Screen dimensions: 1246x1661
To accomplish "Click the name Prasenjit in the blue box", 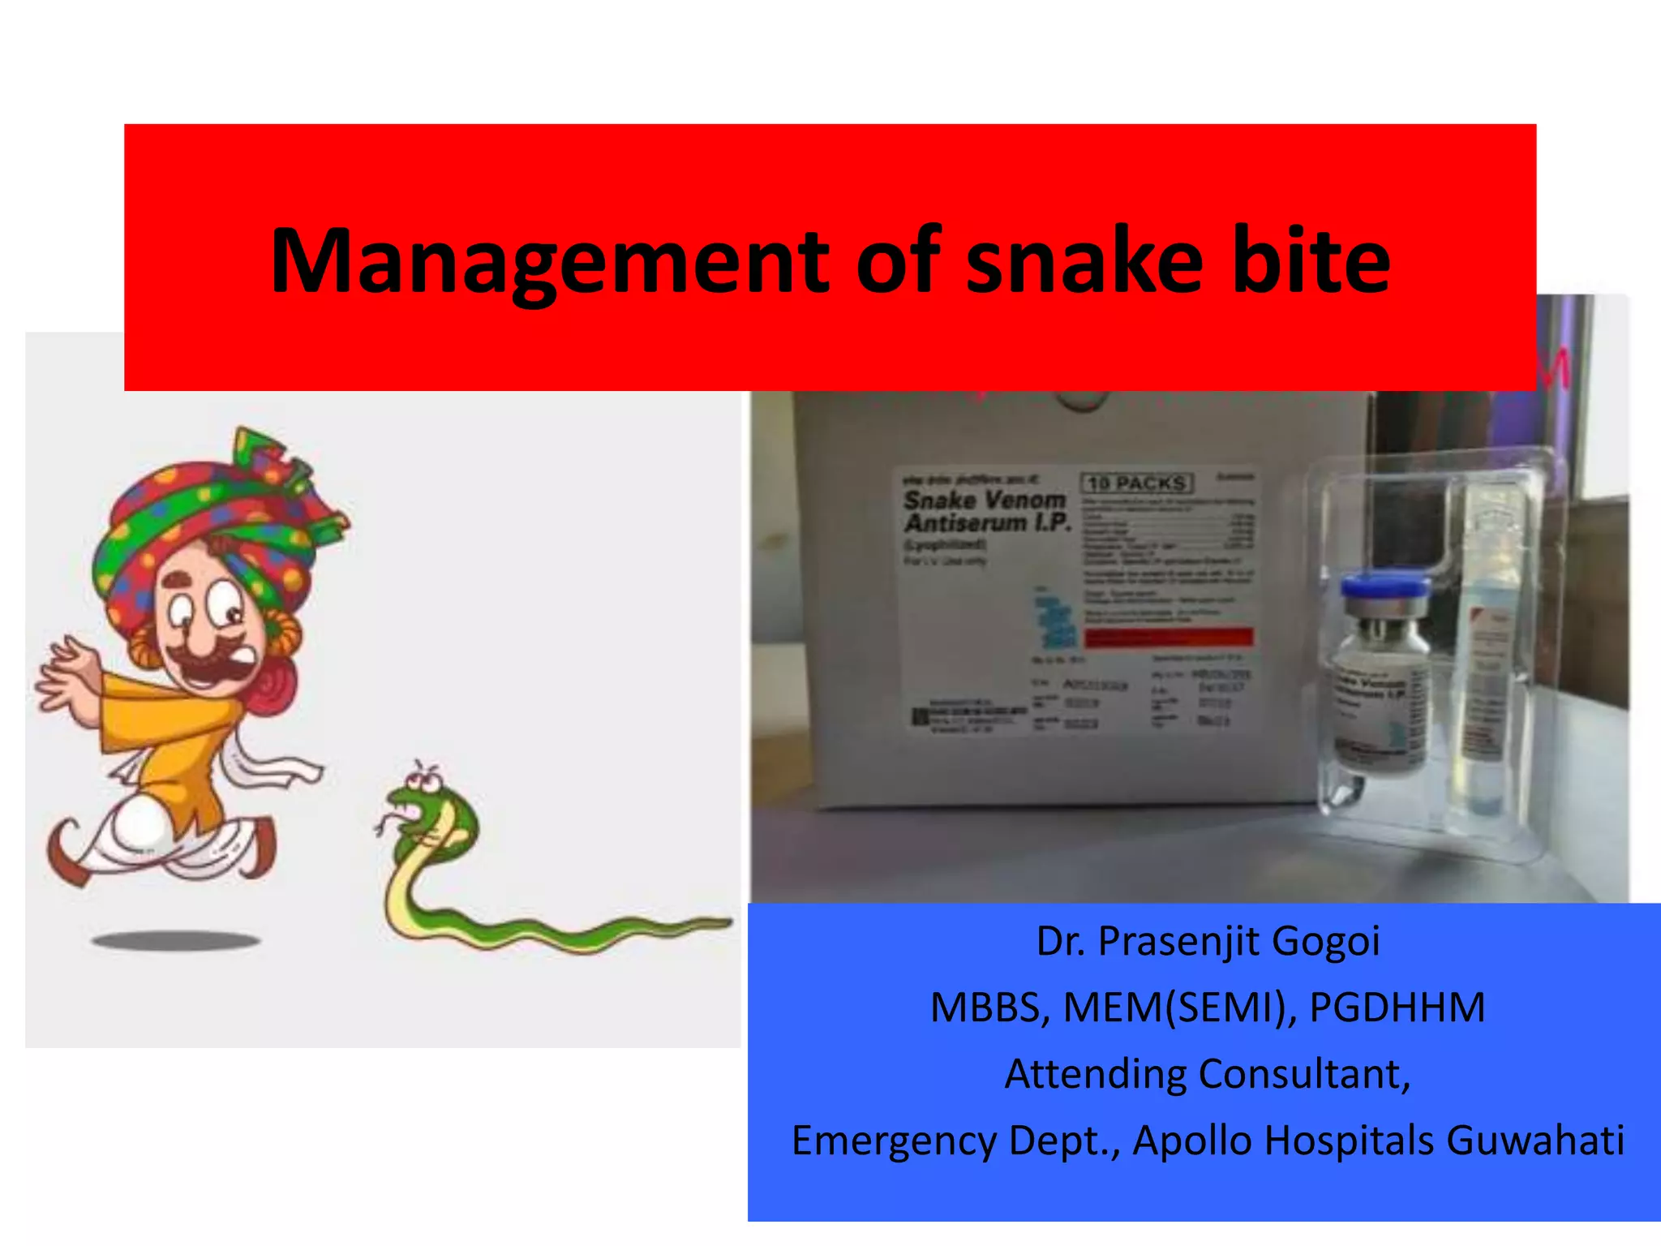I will click(1178, 942).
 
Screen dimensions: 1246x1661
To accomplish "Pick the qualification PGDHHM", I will click(1397, 1008).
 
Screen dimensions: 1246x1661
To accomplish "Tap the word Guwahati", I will click(1534, 1141).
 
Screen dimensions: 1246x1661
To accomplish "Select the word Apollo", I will click(1192, 1141).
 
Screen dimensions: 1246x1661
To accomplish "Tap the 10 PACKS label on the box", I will click(1137, 483).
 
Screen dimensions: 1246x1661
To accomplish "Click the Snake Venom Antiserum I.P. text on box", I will click(986, 511).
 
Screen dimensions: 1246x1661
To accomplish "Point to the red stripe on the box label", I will click(1168, 638).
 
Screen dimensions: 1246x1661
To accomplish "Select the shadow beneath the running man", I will click(175, 941).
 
